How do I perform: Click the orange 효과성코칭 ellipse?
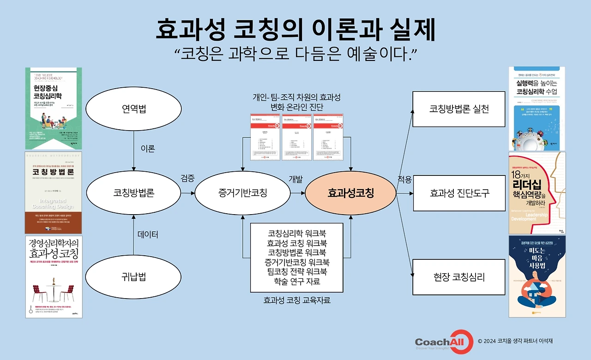tap(350, 193)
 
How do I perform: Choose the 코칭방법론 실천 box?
tap(458, 109)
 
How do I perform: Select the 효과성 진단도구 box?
tap(458, 193)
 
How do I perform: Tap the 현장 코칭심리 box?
tap(458, 277)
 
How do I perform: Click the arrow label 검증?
tap(187, 178)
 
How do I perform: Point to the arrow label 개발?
tap(295, 179)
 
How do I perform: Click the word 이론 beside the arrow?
tap(147, 149)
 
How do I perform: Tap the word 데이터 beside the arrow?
tap(148, 235)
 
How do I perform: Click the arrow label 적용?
tap(404, 179)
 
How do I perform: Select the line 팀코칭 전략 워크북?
tap(296, 271)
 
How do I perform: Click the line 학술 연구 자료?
tap(296, 281)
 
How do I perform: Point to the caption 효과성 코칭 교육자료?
tap(297, 300)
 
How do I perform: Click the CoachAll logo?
tap(444, 342)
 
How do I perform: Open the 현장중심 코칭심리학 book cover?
tap(54, 108)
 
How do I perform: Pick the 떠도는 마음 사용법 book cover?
tap(537, 276)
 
